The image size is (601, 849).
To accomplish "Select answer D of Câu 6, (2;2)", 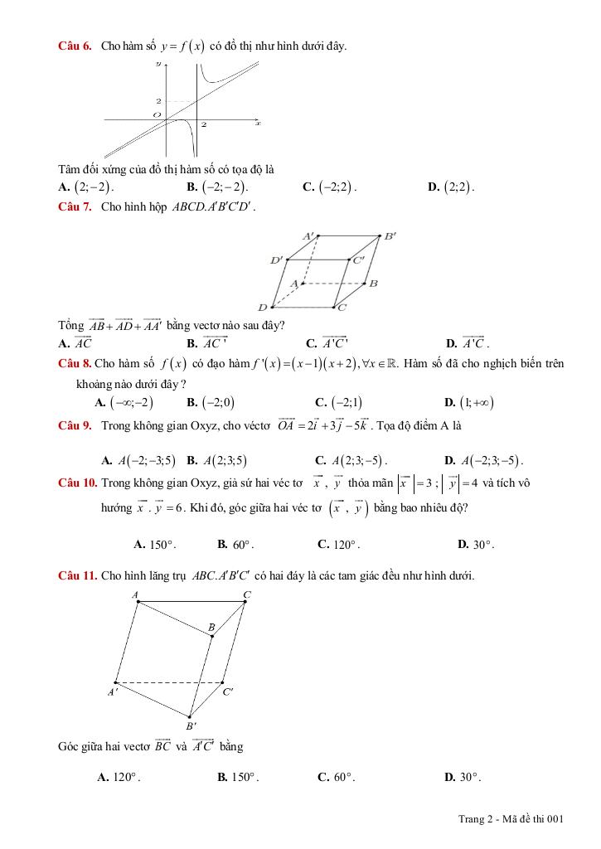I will pos(458,187).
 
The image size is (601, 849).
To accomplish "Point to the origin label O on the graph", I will pos(155,114).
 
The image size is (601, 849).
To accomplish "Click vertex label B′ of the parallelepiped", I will pos(390,236).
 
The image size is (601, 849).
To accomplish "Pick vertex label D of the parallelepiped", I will pos(262,308).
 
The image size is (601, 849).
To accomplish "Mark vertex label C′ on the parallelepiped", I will pos(359,260).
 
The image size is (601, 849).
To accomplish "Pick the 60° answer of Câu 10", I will pos(241,545).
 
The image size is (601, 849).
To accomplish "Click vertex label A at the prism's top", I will pos(135,594).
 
